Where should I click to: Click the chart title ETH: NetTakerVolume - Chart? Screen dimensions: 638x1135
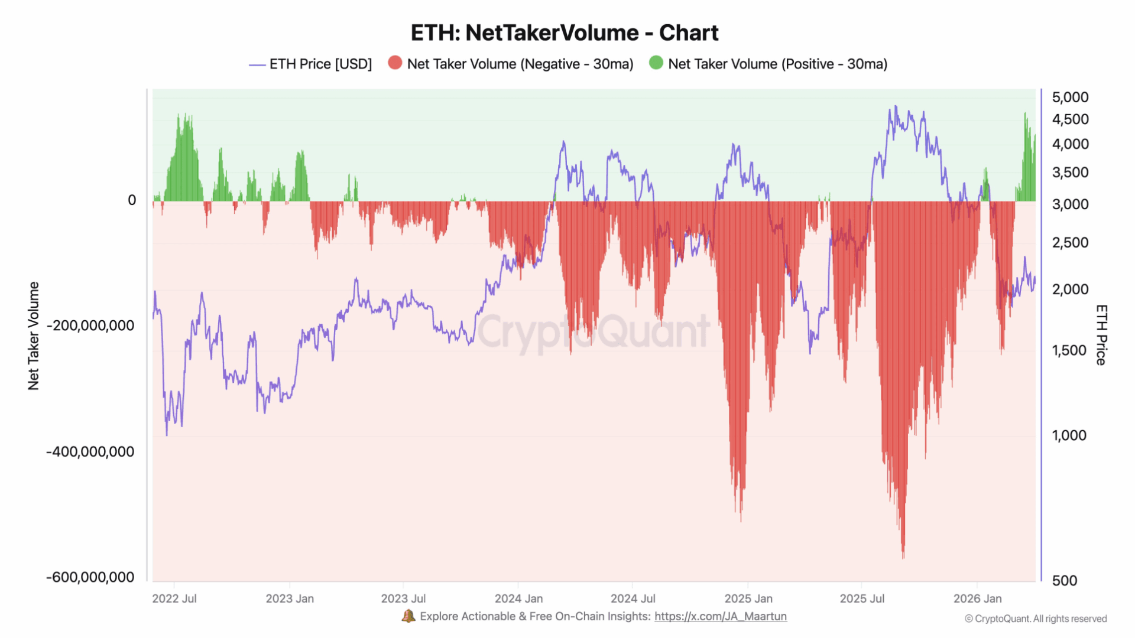pyautogui.click(x=565, y=33)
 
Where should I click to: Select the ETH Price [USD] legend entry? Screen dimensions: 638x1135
pyautogui.click(x=320, y=64)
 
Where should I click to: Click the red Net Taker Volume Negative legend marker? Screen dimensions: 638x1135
pyautogui.click(x=395, y=63)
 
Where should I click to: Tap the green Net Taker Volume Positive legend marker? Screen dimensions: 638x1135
pyautogui.click(x=656, y=63)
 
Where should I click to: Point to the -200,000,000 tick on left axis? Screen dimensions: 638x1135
pyautogui.click(x=90, y=325)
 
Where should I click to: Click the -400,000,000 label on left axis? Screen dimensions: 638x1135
pyautogui.click(x=90, y=452)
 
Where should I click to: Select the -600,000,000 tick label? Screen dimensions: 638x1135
pyautogui.click(x=90, y=577)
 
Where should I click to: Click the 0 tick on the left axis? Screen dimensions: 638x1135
pyautogui.click(x=132, y=200)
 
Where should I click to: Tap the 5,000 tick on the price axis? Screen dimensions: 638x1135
pyautogui.click(x=1070, y=97)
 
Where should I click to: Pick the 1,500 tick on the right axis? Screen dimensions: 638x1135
pyautogui.click(x=1069, y=350)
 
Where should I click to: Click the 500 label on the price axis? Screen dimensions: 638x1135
pyautogui.click(x=1064, y=581)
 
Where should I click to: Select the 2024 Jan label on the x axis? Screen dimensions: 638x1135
pyautogui.click(x=518, y=598)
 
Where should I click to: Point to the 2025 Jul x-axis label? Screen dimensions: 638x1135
pyautogui.click(x=862, y=598)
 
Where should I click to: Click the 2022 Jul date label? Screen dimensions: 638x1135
pyautogui.click(x=174, y=598)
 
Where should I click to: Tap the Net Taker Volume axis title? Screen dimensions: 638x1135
pyautogui.click(x=34, y=336)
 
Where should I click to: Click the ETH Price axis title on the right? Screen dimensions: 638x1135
pyautogui.click(x=1101, y=335)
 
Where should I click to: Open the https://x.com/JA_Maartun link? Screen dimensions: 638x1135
pyautogui.click(x=720, y=616)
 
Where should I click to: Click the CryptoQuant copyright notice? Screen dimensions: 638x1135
pyautogui.click(x=1036, y=619)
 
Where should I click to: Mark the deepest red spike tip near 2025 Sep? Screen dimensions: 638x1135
pyautogui.click(x=903, y=556)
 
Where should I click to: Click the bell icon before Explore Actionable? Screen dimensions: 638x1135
pyautogui.click(x=408, y=616)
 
